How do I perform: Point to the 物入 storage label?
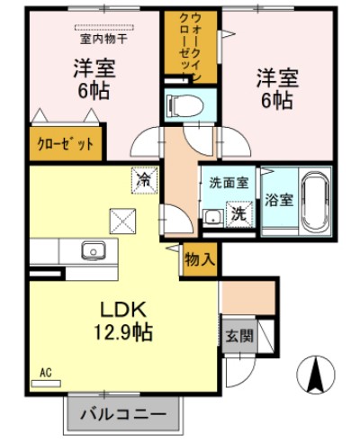coord(199,259)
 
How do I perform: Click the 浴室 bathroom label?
coord(278,200)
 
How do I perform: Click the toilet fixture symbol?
coord(188,104)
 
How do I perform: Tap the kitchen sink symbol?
coord(91,249)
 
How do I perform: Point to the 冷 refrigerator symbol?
coord(142,178)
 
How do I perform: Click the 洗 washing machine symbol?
coord(238,214)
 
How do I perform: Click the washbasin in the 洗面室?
coord(211,215)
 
